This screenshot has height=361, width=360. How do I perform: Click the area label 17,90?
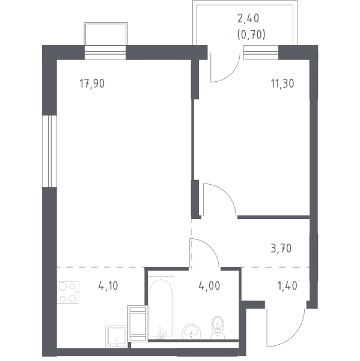(92, 84)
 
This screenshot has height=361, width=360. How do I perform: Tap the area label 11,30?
(282, 84)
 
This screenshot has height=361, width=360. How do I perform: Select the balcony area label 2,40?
(248, 19)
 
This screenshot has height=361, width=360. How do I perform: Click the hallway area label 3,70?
(281, 248)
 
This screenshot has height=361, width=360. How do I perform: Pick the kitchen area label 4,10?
(108, 286)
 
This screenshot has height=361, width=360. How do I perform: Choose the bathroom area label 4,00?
(209, 286)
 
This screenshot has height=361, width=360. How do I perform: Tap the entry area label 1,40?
(287, 286)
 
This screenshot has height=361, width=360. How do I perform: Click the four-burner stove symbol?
(68, 292)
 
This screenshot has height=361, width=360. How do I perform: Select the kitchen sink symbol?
(117, 336)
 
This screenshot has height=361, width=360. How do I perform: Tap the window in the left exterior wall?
(49, 151)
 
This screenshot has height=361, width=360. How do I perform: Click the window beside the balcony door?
(261, 52)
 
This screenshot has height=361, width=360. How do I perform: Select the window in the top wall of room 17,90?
(105, 52)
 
